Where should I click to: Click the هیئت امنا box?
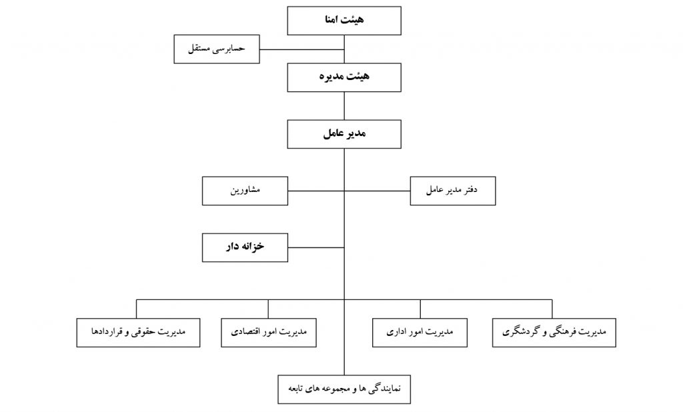click(344, 21)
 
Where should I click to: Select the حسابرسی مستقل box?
click(217, 49)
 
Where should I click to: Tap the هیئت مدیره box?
click(344, 77)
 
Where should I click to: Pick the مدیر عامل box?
click(344, 134)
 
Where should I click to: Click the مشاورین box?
click(245, 191)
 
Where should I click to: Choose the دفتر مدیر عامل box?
click(453, 191)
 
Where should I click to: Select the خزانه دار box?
click(245, 247)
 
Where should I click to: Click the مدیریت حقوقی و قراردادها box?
click(139, 333)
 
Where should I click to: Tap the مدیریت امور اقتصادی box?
click(269, 333)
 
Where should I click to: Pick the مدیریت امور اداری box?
click(420, 333)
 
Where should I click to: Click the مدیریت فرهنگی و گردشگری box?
click(554, 333)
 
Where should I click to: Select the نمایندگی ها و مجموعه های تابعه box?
click(344, 389)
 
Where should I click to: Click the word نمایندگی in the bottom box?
click(385, 389)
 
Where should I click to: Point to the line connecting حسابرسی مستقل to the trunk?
click(302, 49)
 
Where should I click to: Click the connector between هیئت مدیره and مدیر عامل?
click(344, 106)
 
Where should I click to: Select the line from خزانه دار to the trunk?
click(315, 247)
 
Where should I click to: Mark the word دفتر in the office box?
click(470, 190)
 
